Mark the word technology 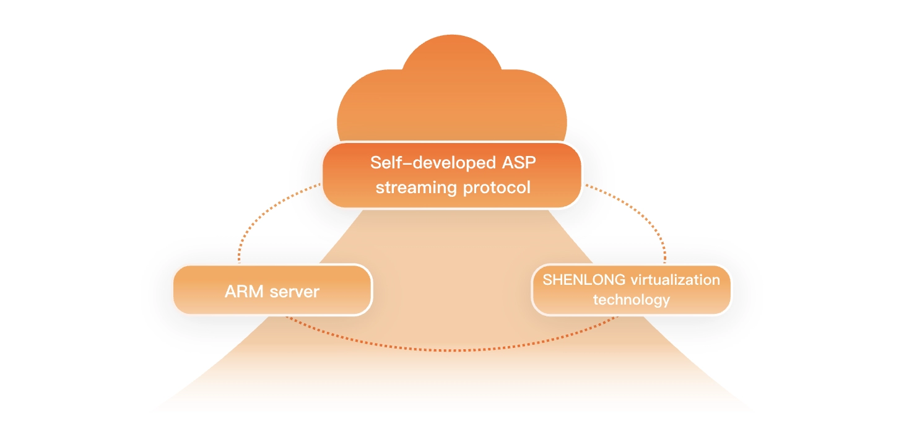pos(631,300)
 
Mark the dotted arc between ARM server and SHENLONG pos(452,350)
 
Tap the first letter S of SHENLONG pos(547,279)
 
